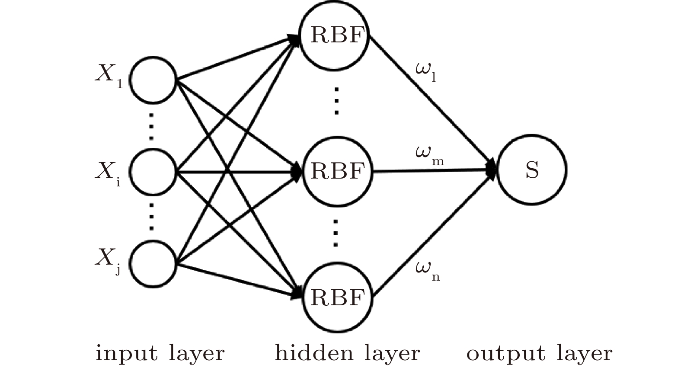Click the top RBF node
(x=336, y=35)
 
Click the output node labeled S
(x=531, y=170)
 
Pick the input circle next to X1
(x=153, y=80)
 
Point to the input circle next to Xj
(x=153, y=264)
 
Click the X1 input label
(x=109, y=75)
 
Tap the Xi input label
(x=108, y=173)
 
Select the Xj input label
(x=109, y=260)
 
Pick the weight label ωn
(x=427, y=270)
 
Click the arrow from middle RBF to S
(x=432, y=171)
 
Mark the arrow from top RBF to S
(x=432, y=102)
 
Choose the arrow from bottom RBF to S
(x=432, y=234)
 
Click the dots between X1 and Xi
(x=151, y=126)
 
